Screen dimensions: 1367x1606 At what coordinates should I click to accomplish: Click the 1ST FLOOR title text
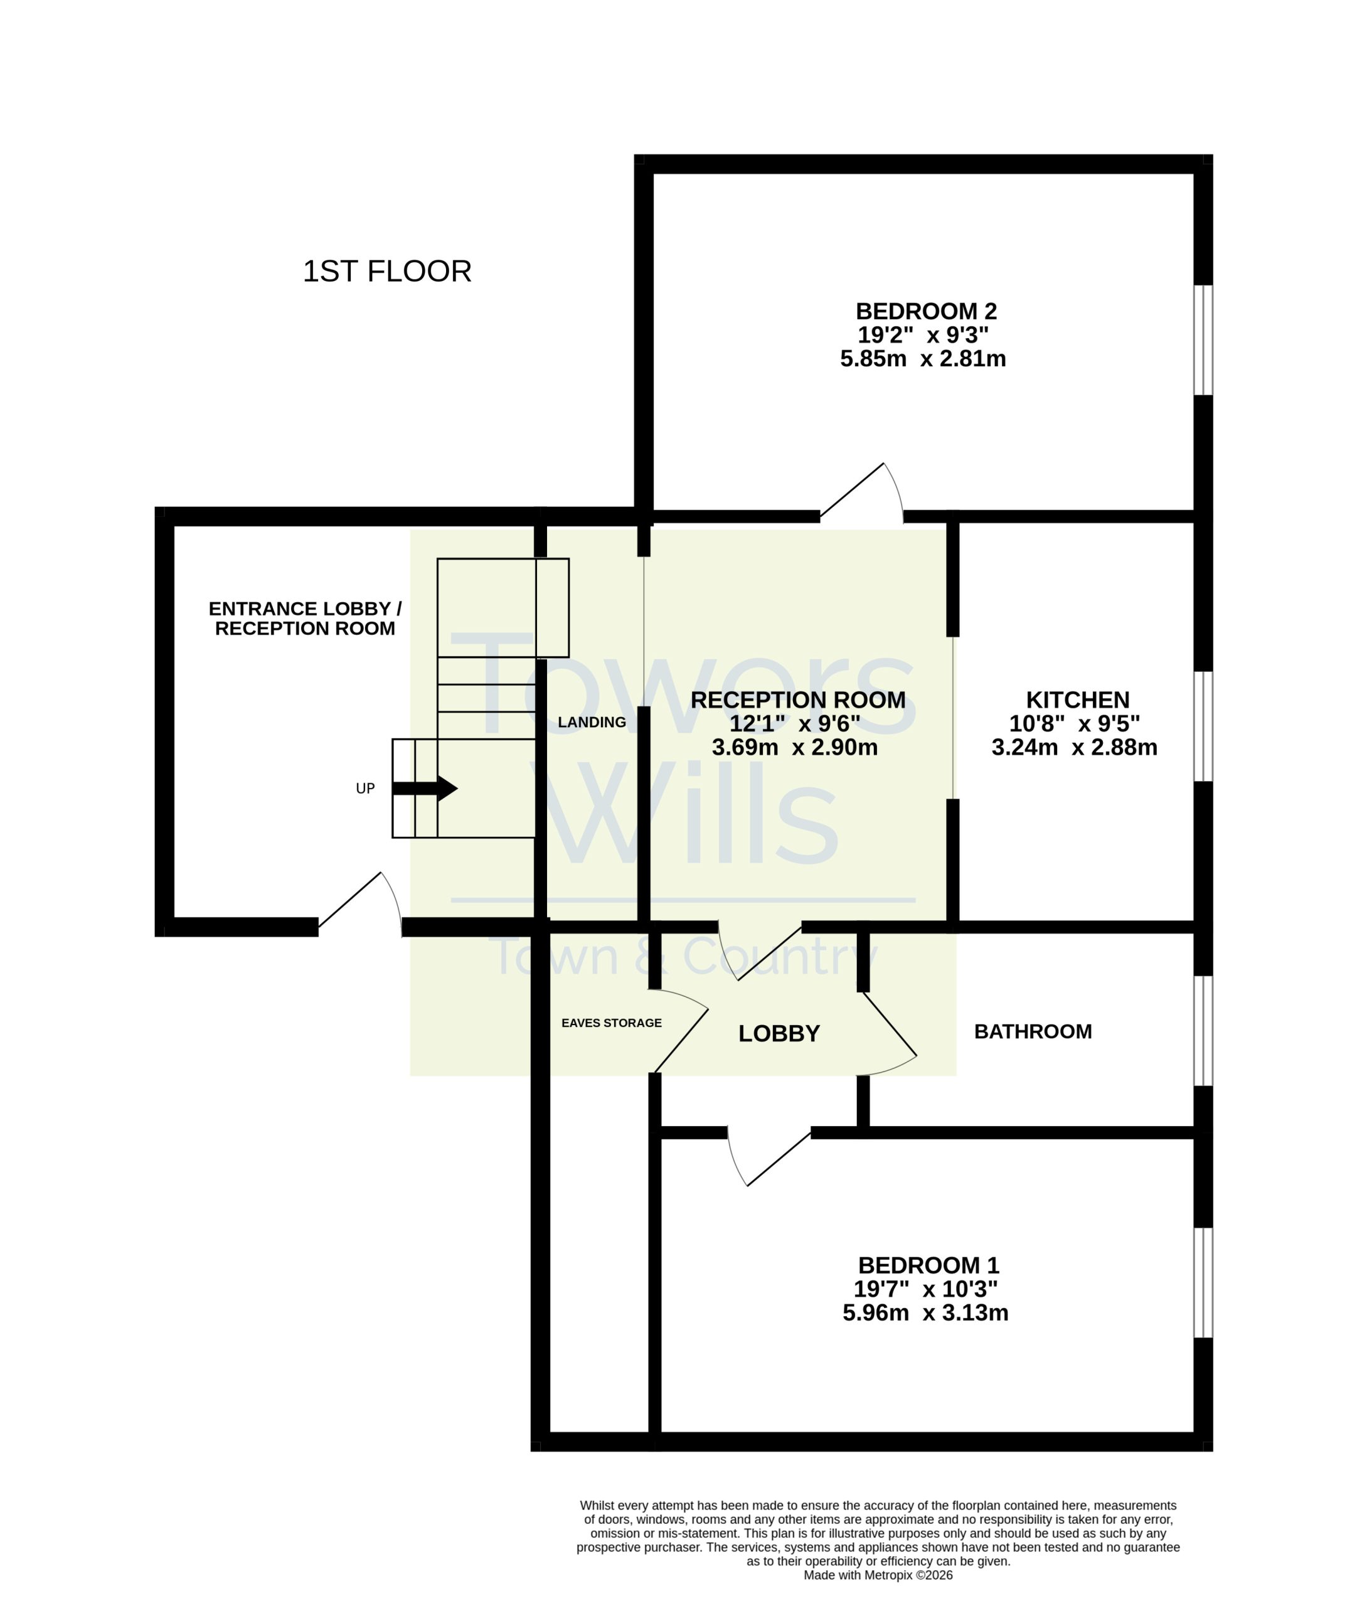click(386, 272)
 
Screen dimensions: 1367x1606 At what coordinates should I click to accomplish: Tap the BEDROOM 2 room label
click(926, 311)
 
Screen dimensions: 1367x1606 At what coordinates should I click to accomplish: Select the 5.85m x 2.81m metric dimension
click(923, 359)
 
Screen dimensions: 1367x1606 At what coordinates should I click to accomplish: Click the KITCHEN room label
click(1077, 700)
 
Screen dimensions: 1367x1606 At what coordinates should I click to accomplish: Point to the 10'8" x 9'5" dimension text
click(1074, 723)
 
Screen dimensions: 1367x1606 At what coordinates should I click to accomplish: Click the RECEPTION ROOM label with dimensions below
click(797, 700)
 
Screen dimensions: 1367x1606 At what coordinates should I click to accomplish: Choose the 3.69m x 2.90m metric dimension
click(794, 748)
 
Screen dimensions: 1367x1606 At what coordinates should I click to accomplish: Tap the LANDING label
click(592, 723)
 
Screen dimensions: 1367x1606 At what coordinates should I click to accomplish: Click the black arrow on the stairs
click(425, 789)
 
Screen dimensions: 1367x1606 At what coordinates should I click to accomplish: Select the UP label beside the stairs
click(365, 789)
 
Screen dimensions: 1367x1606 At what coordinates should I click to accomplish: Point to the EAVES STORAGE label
click(612, 1023)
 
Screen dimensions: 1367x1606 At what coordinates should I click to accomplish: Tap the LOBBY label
click(779, 1033)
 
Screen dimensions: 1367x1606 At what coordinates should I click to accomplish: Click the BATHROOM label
click(1033, 1032)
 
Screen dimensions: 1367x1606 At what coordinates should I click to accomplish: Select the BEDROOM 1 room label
click(928, 1266)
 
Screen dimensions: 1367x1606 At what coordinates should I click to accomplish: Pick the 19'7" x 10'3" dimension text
click(925, 1289)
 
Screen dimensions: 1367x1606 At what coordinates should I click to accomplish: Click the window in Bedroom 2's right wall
click(1203, 340)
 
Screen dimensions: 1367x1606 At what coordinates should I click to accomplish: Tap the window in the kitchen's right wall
click(1203, 726)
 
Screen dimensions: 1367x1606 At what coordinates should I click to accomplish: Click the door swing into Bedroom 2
click(862, 492)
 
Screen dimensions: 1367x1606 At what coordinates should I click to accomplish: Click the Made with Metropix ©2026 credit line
click(878, 1575)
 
